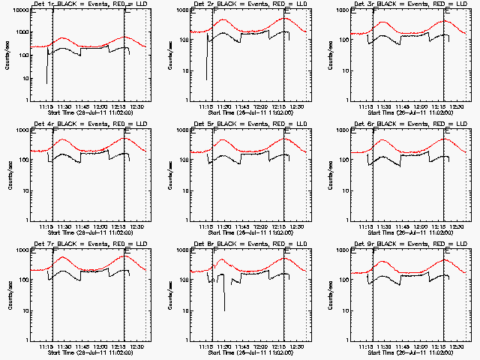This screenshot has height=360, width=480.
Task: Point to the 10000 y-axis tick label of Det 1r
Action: pos(20,12)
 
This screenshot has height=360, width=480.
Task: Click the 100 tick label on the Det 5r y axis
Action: pos(183,160)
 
